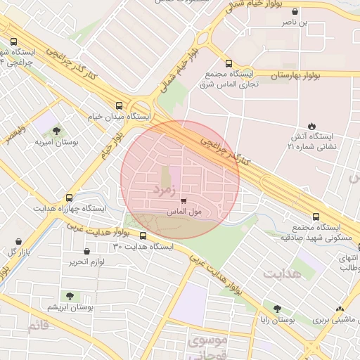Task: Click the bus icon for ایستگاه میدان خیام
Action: pyautogui.click(x=118, y=106)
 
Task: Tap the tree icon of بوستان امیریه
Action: pyautogui.click(x=56, y=131)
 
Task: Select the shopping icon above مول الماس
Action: pyautogui.click(x=184, y=201)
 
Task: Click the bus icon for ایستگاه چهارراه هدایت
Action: pyautogui.click(x=69, y=198)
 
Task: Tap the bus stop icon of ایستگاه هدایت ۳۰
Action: pyautogui.click(x=143, y=236)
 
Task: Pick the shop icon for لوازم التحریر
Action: pyautogui.click(x=86, y=251)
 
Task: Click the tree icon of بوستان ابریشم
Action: pyautogui.click(x=70, y=296)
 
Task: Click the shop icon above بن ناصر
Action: pyautogui.click(x=294, y=12)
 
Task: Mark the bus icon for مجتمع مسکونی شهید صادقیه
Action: pyautogui.click(x=315, y=217)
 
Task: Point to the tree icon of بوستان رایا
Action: pyautogui.click(x=277, y=309)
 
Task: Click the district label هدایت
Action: pyautogui.click(x=282, y=273)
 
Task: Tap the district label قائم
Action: pyautogui.click(x=38, y=326)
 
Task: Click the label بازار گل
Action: pyautogui.click(x=19, y=252)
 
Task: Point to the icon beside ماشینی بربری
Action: pyautogui.click(x=340, y=309)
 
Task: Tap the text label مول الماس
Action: pyautogui.click(x=184, y=211)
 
